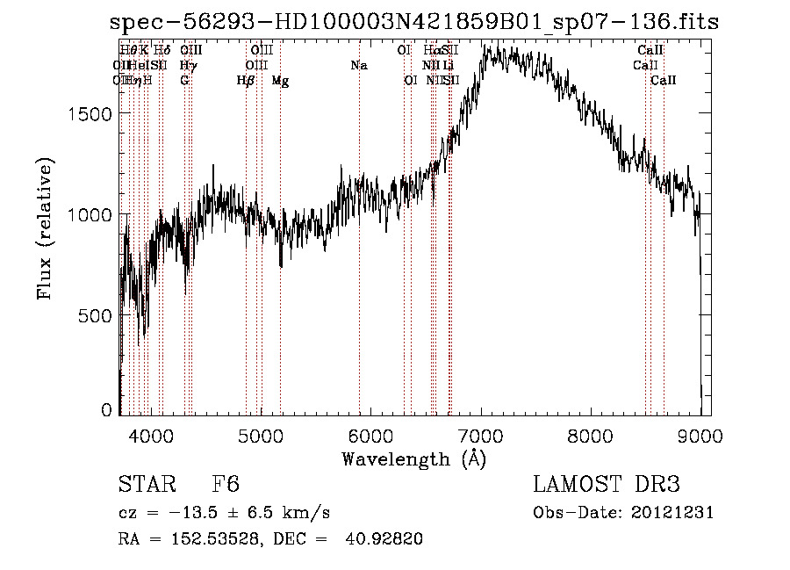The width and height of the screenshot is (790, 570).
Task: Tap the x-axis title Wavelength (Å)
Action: click(413, 458)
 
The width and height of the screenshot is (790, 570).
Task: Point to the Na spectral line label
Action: click(358, 65)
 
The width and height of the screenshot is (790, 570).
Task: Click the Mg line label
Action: click(280, 81)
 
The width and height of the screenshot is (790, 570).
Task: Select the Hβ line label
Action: click(246, 81)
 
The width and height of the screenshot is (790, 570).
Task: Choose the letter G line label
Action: click(184, 81)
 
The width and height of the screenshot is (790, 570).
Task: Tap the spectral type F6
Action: click(226, 486)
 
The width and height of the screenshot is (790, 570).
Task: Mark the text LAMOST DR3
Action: click(607, 485)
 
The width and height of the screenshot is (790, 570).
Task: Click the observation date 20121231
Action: click(672, 513)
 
